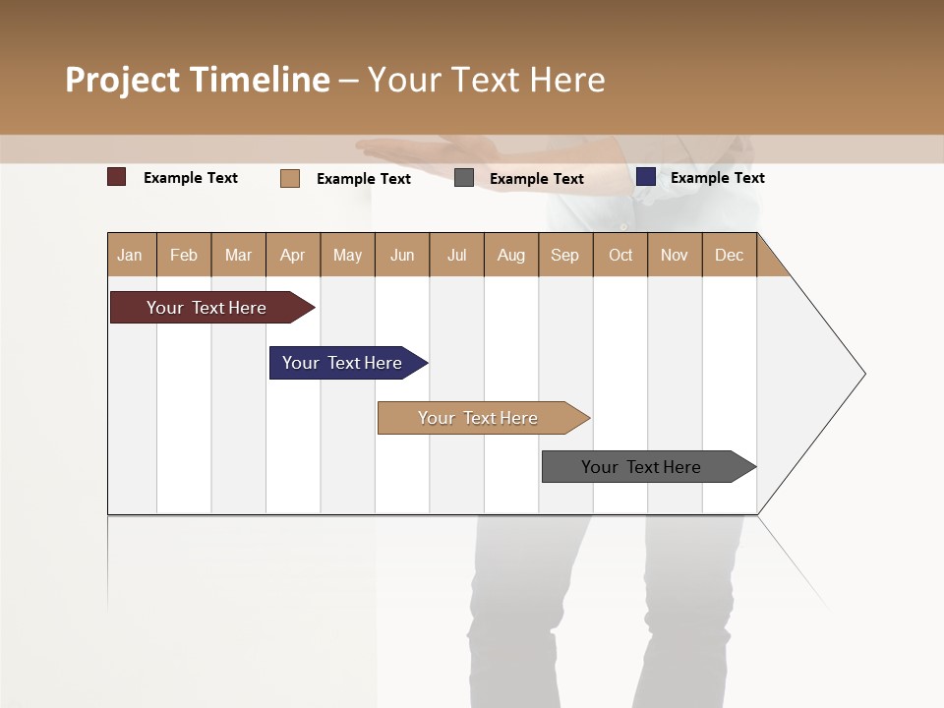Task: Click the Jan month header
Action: click(130, 256)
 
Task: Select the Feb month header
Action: click(184, 256)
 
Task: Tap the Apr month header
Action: click(292, 256)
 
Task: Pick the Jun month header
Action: click(402, 256)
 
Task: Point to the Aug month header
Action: click(510, 256)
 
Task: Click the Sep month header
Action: click(564, 256)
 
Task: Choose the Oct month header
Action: click(620, 256)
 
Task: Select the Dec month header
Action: click(729, 256)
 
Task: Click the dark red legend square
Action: click(117, 177)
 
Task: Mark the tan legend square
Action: click(290, 178)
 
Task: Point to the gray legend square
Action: click(464, 178)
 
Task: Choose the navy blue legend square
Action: click(646, 177)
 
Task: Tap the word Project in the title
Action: click(123, 80)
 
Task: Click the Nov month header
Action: click(674, 256)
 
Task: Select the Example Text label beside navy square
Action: click(717, 178)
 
